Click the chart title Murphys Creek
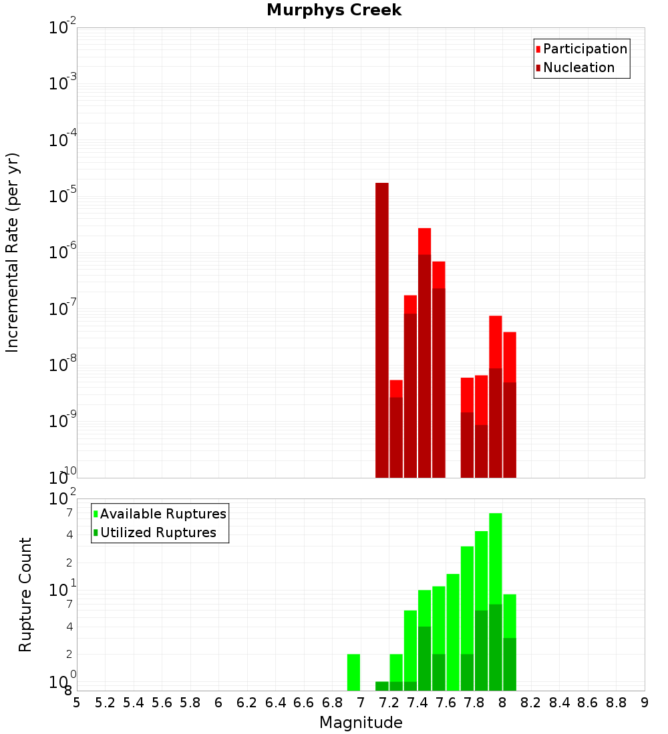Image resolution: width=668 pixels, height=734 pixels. [x=334, y=11]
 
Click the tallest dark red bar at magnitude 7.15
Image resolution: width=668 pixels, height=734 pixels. [x=382, y=330]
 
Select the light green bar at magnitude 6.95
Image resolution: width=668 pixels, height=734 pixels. [x=354, y=672]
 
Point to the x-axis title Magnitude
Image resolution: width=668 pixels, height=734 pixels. [x=361, y=723]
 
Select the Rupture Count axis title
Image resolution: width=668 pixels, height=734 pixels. [x=25, y=595]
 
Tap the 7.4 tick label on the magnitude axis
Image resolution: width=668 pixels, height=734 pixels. [x=417, y=703]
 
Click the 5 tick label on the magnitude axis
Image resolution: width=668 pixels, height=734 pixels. [x=77, y=703]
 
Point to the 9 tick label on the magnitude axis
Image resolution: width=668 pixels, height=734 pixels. [x=645, y=703]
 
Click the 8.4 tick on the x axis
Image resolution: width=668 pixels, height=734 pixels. [x=559, y=703]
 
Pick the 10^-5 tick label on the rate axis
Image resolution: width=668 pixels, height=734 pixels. [x=63, y=196]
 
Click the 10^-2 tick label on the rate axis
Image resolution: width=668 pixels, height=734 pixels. [x=63, y=28]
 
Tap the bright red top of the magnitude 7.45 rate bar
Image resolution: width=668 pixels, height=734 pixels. [x=424, y=241]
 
